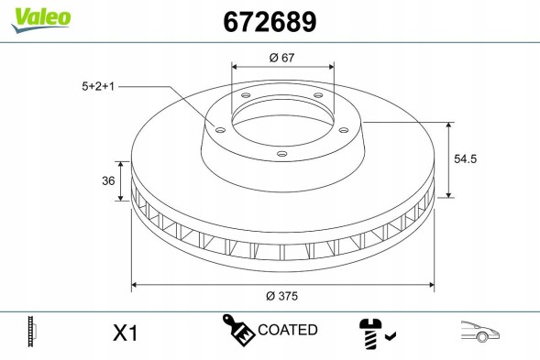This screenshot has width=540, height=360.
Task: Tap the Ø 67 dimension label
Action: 281,58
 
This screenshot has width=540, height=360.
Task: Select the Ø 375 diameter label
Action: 281,295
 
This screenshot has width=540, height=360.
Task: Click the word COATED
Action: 288,330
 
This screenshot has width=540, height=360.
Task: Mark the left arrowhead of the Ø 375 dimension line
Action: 136,284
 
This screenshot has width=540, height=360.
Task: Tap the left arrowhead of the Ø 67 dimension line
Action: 235,68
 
